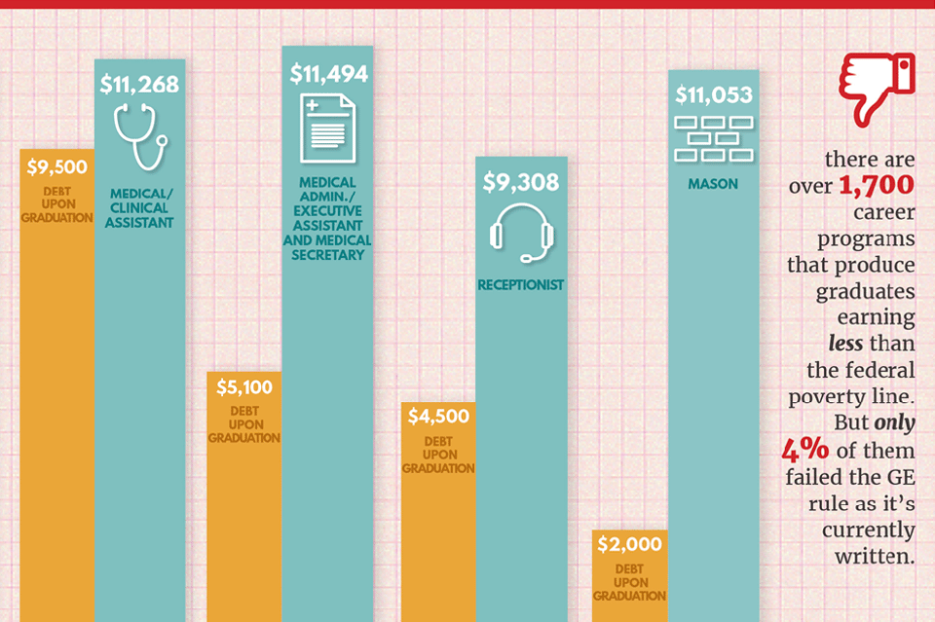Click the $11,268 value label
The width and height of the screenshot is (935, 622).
(x=139, y=85)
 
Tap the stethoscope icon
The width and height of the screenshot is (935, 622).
(x=140, y=136)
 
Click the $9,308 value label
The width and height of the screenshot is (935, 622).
(x=521, y=181)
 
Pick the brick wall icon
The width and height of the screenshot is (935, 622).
(x=714, y=138)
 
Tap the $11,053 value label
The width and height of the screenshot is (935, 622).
(x=714, y=95)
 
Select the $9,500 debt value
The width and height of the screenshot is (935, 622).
(x=56, y=167)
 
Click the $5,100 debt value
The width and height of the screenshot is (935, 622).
(x=243, y=387)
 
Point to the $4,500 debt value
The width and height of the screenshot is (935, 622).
(x=438, y=417)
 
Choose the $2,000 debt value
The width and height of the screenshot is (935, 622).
(x=629, y=544)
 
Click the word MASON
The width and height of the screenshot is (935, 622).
(x=714, y=183)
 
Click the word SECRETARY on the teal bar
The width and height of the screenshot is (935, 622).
(x=327, y=255)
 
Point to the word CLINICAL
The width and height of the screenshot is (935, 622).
(x=139, y=207)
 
